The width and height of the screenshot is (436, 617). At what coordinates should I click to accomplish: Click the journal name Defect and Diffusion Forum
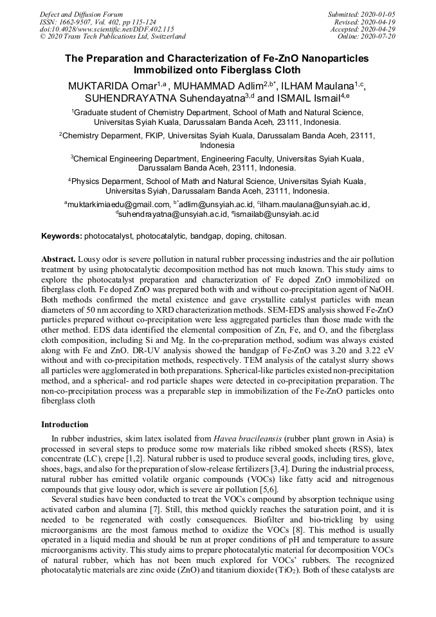click(x=81, y=14)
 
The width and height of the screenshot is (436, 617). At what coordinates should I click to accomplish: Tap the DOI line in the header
click(x=107, y=29)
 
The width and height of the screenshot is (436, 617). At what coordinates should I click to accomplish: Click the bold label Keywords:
click(x=62, y=236)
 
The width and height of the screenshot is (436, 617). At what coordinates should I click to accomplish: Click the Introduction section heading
click(x=65, y=425)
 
